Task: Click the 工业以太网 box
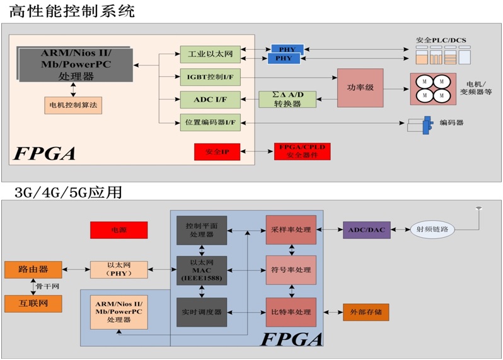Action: pyautogui.click(x=209, y=54)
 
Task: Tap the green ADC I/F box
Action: pyautogui.click(x=209, y=99)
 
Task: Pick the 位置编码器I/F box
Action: pyautogui.click(x=209, y=122)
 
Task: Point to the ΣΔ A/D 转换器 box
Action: pyautogui.click(x=287, y=100)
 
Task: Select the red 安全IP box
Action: pyautogui.click(x=217, y=152)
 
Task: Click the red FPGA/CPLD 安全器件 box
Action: pyautogui.click(x=301, y=152)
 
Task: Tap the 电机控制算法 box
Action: pyautogui.click(x=72, y=104)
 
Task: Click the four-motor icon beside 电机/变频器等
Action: pyautogui.click(x=434, y=88)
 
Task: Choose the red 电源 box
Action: pyautogui.click(x=119, y=230)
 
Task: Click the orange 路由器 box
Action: pyautogui.click(x=33, y=270)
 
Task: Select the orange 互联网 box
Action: pyautogui.click(x=33, y=304)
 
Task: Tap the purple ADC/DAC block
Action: pyautogui.click(x=366, y=229)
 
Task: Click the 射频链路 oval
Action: pyautogui.click(x=432, y=229)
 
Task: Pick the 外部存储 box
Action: pyautogui.click(x=366, y=312)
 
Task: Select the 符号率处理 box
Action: pyautogui.click(x=290, y=270)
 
